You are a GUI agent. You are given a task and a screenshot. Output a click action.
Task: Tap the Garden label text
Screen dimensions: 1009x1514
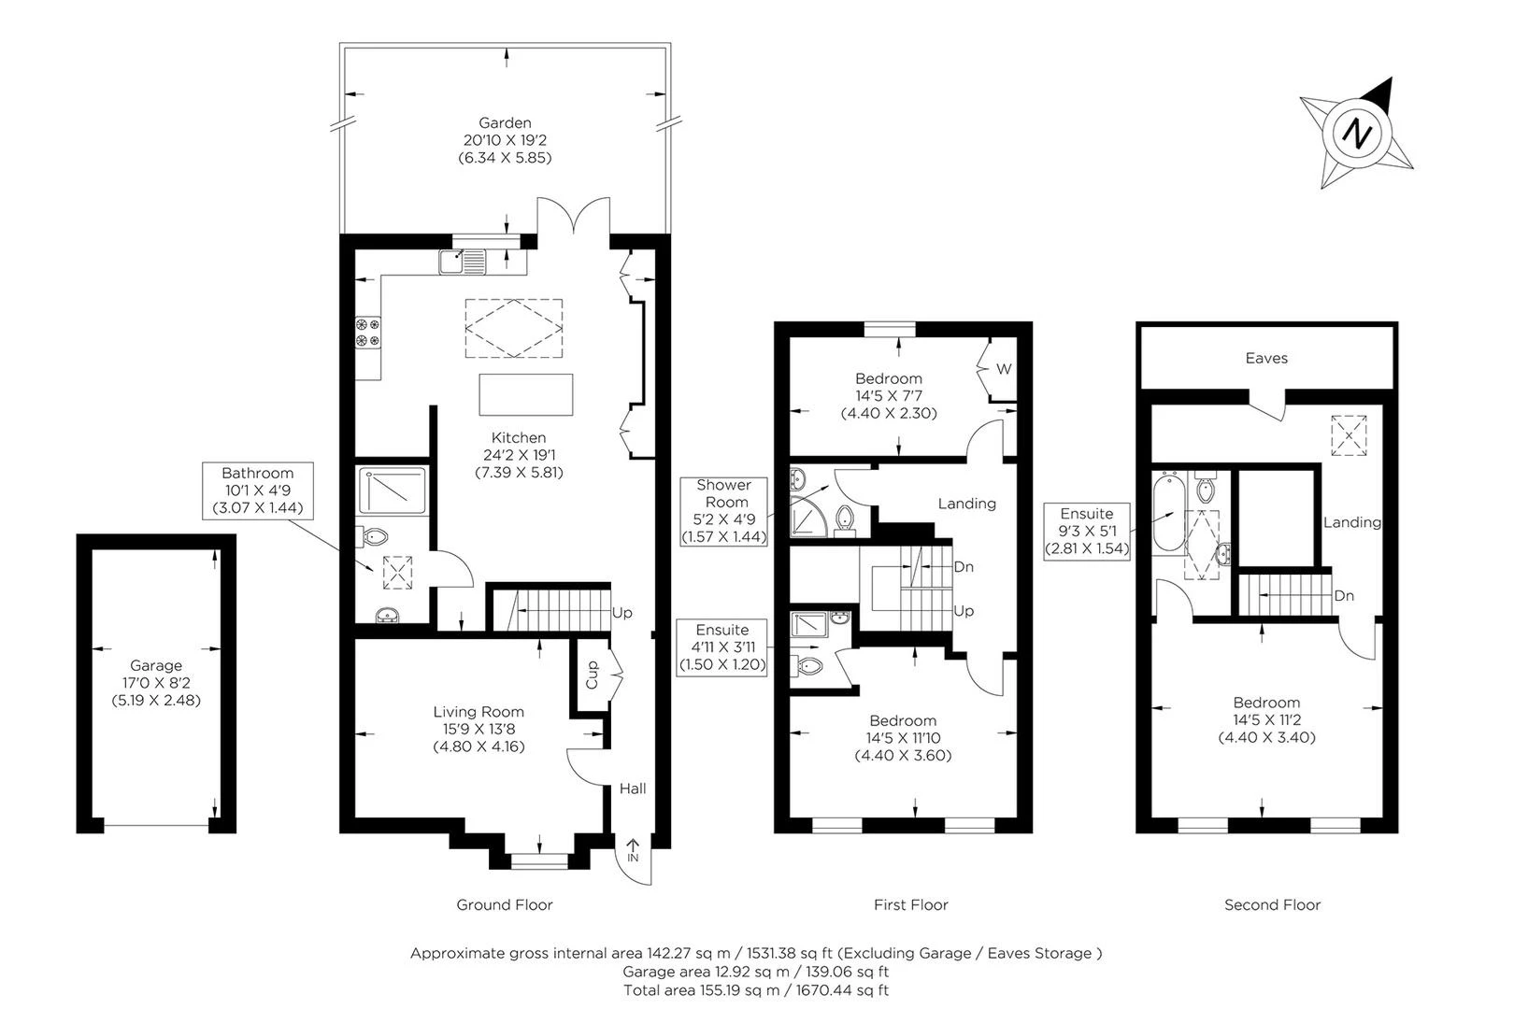click(505, 122)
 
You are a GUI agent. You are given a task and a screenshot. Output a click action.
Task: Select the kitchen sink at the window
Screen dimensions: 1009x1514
click(463, 261)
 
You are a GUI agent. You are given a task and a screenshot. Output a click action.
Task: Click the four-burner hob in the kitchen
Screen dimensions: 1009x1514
click(367, 333)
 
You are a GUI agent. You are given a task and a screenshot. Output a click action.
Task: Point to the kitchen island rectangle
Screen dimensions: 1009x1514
click(525, 394)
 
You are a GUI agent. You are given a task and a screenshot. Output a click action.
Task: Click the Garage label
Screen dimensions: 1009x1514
click(156, 665)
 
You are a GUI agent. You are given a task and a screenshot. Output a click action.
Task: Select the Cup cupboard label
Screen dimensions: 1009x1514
click(592, 676)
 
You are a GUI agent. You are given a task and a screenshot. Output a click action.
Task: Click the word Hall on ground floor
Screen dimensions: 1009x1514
click(633, 789)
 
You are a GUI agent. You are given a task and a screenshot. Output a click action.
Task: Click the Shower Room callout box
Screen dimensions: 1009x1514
click(723, 511)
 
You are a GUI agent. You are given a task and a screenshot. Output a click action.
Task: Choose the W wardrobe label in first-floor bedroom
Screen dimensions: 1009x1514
click(1003, 369)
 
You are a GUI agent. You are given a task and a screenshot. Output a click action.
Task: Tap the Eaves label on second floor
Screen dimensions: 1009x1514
click(1266, 358)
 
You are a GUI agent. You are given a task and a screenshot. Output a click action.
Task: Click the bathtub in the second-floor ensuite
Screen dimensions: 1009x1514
click(1166, 514)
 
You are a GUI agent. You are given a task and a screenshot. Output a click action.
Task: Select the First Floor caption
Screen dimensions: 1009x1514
click(910, 904)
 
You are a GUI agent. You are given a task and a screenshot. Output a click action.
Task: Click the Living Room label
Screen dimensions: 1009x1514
click(478, 712)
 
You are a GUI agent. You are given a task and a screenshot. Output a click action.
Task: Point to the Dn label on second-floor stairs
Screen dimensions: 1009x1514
click(1344, 595)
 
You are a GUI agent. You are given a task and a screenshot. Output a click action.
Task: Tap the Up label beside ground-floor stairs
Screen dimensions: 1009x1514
click(621, 613)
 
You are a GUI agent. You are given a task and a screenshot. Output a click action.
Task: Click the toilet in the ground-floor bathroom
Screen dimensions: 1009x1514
click(374, 536)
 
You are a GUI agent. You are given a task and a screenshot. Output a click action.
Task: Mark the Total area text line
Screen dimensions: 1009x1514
click(756, 989)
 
